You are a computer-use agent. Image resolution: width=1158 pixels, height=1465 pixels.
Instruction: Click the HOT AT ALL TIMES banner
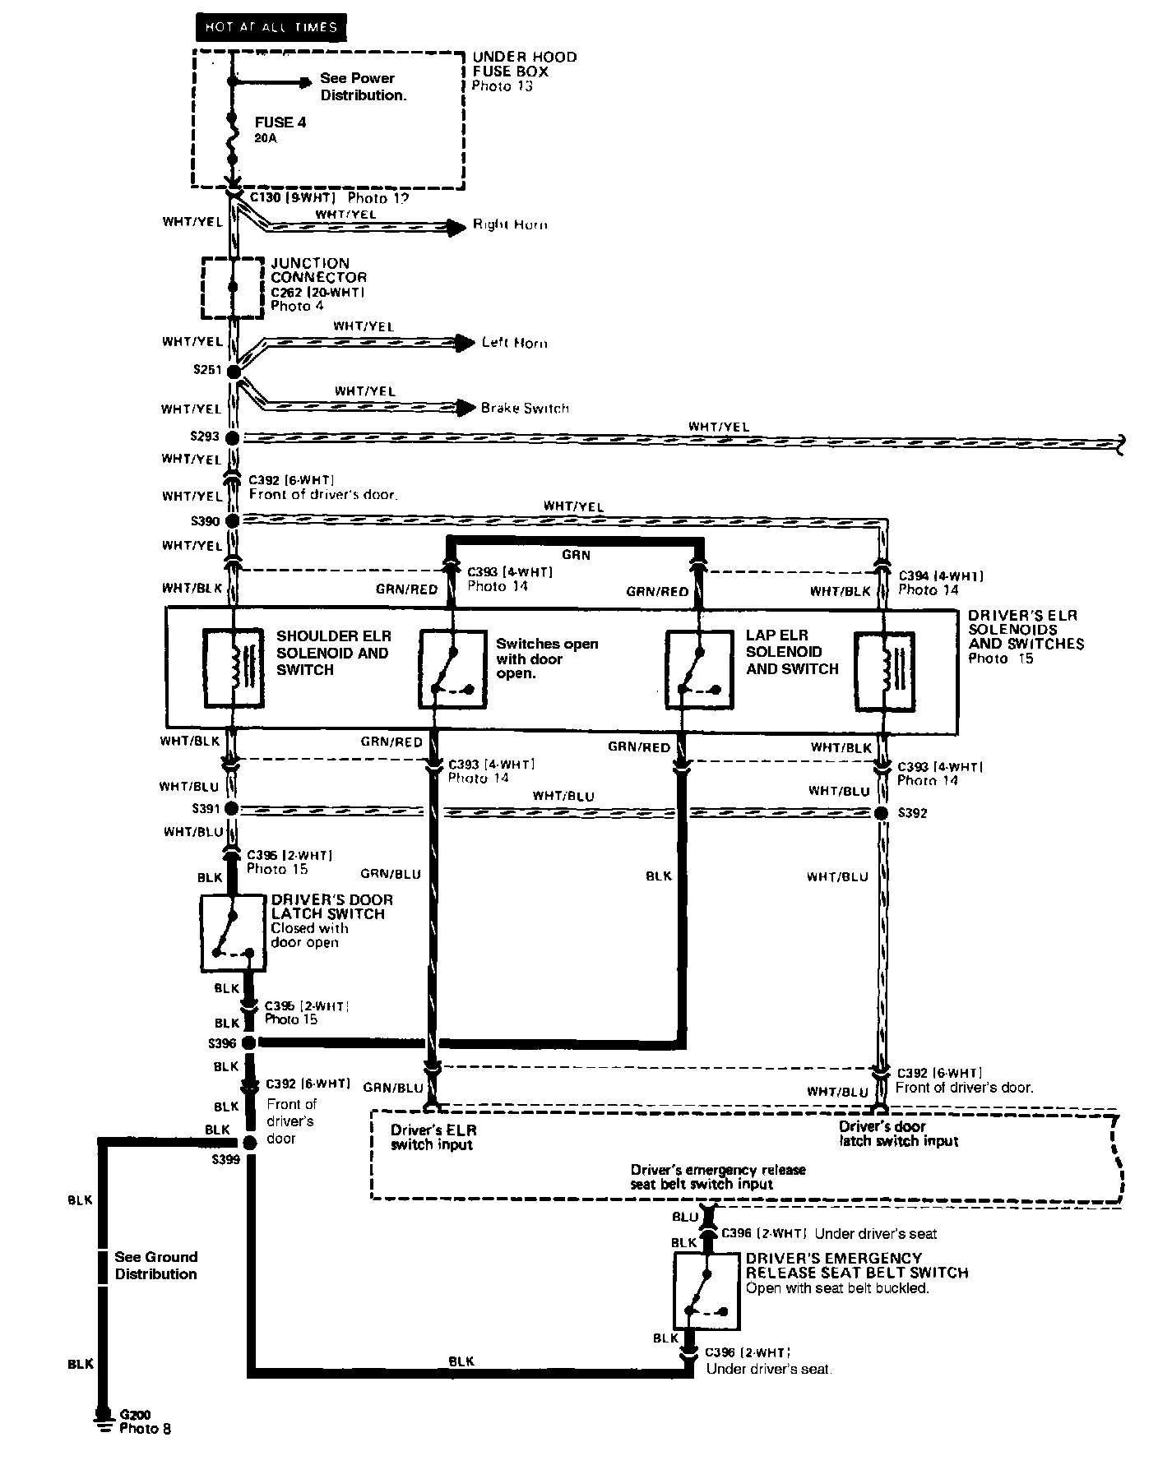click(x=271, y=27)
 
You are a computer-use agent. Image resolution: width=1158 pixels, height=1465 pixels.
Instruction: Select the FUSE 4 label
click(x=280, y=122)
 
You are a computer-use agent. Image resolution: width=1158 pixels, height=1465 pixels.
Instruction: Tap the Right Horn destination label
click(x=510, y=224)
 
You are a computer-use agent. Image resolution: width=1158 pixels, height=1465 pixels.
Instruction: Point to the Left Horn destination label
click(x=514, y=343)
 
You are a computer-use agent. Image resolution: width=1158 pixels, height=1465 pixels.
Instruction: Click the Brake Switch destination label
click(x=525, y=408)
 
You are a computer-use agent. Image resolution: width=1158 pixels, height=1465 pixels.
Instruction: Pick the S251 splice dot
click(x=233, y=372)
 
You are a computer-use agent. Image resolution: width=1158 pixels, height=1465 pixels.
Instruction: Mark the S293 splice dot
click(x=233, y=437)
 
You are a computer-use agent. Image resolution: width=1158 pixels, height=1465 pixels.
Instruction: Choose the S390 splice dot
click(x=232, y=521)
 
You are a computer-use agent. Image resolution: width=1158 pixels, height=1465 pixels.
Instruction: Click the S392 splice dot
click(x=882, y=813)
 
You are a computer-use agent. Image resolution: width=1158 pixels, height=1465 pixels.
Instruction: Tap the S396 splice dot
click(x=248, y=1043)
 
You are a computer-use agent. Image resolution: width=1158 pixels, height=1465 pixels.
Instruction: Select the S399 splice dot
click(x=248, y=1144)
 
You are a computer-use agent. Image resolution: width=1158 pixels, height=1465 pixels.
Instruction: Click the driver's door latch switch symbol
click(x=234, y=933)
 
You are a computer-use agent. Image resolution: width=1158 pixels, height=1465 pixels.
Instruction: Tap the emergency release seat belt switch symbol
click(x=706, y=1290)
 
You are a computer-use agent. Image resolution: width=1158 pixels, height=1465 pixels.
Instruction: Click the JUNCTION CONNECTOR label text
click(x=318, y=270)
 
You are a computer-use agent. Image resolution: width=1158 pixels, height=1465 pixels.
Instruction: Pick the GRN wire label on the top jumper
click(x=576, y=556)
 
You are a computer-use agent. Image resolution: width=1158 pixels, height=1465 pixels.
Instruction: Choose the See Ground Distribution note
click(x=155, y=1265)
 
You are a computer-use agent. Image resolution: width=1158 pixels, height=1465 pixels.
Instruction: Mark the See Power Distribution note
click(x=363, y=86)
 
